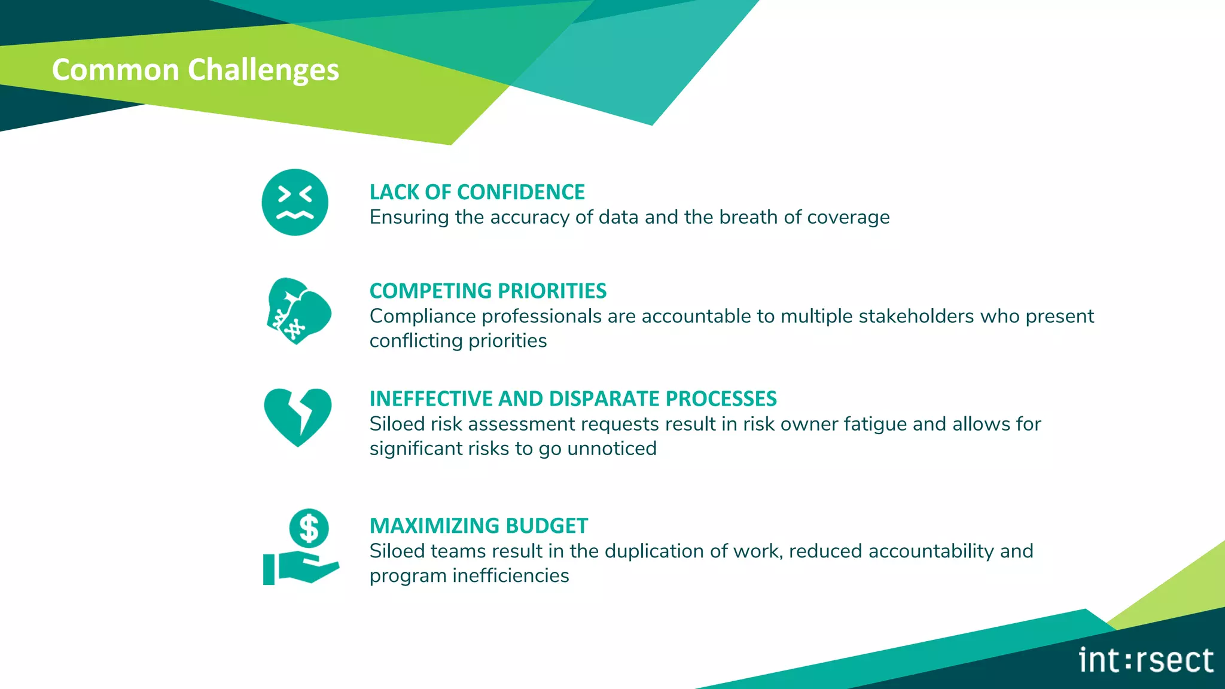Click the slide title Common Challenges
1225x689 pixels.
195,70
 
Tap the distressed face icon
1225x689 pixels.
295,202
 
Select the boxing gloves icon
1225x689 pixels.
298,311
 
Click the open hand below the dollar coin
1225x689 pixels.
301,568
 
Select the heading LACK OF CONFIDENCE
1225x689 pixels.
477,192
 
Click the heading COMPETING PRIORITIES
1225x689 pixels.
487,291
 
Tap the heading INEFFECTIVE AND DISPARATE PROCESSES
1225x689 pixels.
572,398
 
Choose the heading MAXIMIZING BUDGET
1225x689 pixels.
479,526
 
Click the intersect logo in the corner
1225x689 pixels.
1145,660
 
